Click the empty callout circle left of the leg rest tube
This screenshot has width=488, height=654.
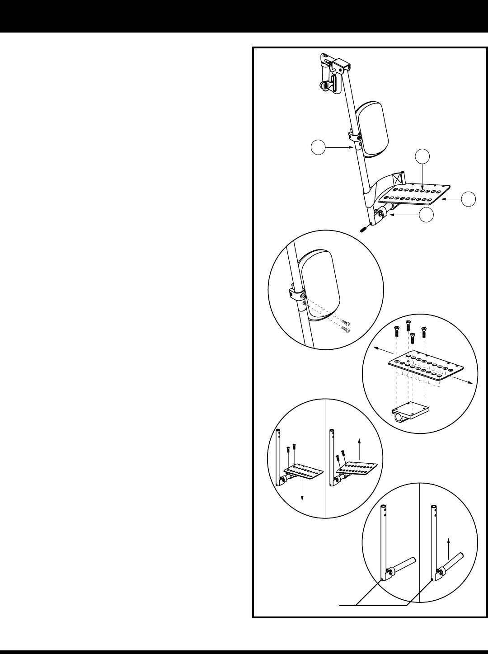[x=319, y=148]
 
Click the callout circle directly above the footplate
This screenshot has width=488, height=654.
[x=422, y=156]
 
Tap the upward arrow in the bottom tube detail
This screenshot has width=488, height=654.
[x=448, y=547]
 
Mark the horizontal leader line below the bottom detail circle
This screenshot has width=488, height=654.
[x=374, y=604]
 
